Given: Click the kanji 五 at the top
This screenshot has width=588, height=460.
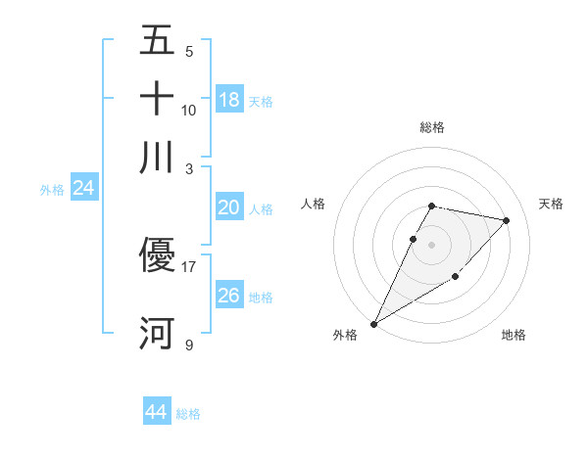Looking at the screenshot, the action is (157, 40).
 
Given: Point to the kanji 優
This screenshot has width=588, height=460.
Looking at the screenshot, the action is (157, 254).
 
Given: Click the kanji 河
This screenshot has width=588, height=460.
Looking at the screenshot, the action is (157, 333).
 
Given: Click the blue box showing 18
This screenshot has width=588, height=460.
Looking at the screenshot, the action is (229, 100).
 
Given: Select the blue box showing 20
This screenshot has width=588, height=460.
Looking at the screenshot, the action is (229, 207).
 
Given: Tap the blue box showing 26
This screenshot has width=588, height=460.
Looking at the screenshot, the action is (229, 296).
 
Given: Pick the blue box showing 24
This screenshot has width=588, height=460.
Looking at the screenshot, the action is (84, 189).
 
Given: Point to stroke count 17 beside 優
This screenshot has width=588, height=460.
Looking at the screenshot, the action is (189, 265).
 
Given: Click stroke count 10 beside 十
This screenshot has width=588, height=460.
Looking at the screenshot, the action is (189, 110).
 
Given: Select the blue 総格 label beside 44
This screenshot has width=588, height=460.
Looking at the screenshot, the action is (189, 414).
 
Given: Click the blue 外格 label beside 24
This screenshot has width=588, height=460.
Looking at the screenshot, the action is (52, 190).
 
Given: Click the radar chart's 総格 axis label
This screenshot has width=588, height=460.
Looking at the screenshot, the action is (432, 127).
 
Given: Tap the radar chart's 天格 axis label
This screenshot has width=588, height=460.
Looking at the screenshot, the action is (552, 204).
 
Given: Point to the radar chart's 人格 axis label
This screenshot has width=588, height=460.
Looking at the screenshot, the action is (314, 204).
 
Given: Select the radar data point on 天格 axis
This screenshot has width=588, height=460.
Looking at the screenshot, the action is (507, 220).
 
